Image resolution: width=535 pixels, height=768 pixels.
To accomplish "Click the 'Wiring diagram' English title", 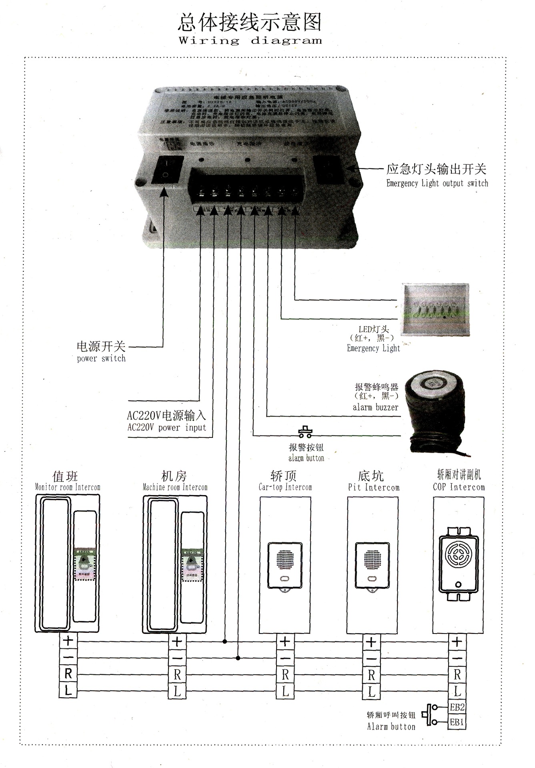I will tap(250, 40).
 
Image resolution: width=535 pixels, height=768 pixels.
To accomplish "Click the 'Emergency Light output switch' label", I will tap(437, 183).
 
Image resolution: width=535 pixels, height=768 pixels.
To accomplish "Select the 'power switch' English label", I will tap(101, 358).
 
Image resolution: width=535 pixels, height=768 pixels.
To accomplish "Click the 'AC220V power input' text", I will tap(166, 427).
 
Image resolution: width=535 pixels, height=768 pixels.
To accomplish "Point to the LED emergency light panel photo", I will tap(435, 309).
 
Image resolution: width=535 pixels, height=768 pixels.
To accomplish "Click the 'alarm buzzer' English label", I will tap(375, 407).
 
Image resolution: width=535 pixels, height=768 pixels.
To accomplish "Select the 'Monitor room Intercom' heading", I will tap(67, 487).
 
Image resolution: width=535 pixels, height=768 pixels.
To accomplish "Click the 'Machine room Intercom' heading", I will tap(175, 487).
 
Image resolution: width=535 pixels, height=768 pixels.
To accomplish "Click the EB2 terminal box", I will tap(457, 707).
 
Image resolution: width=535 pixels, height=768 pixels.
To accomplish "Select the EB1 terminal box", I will tap(457, 722).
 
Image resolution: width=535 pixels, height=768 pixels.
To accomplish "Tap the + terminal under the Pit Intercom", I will tap(371, 642).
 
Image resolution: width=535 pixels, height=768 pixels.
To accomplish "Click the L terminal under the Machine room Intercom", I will tap(177, 691).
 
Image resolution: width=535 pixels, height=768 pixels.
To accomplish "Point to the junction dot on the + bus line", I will tap(225, 642).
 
